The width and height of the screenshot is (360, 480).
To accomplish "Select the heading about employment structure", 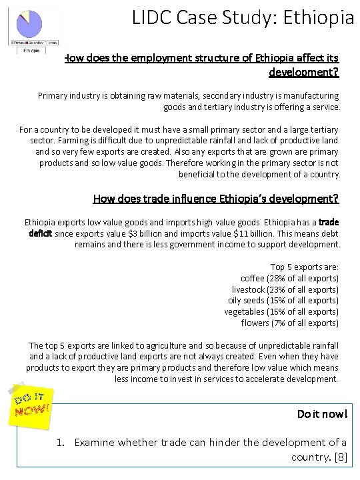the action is click(x=202, y=64).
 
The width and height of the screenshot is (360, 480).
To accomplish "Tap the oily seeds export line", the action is click(x=283, y=301).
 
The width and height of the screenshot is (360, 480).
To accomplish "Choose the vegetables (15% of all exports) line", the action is click(x=281, y=312).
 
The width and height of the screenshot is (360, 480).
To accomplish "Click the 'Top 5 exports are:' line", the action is click(x=304, y=267).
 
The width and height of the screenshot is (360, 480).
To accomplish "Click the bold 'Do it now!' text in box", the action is click(x=322, y=413).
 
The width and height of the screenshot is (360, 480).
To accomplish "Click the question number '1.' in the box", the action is click(x=60, y=442).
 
